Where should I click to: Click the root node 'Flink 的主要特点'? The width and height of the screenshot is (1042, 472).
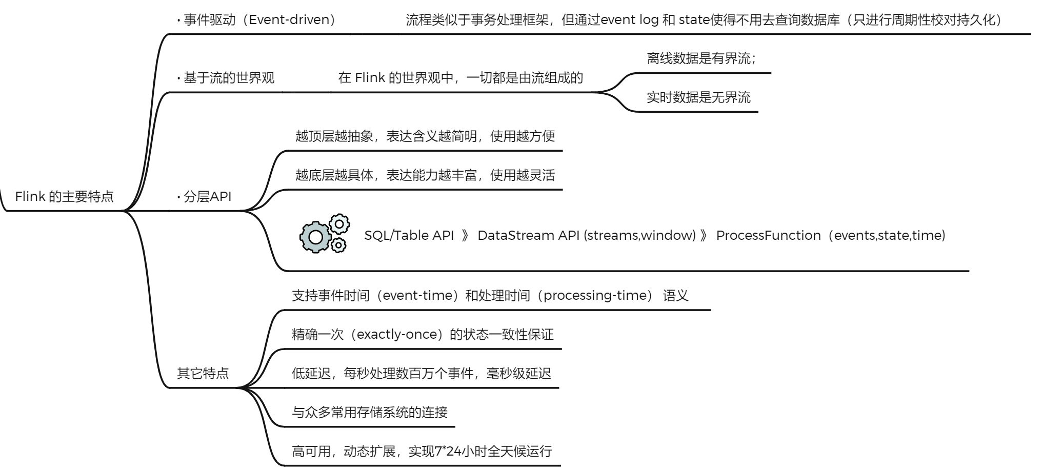(x=64, y=197)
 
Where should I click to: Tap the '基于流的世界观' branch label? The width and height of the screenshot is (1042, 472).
(x=229, y=78)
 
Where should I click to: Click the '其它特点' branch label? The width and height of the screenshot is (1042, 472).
(x=203, y=374)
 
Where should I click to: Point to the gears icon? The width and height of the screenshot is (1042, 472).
(x=325, y=234)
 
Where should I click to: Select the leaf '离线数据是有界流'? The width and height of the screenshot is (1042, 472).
(x=700, y=58)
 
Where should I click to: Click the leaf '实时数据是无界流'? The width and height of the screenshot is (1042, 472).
(x=698, y=97)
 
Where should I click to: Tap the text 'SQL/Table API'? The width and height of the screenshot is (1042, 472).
(x=409, y=236)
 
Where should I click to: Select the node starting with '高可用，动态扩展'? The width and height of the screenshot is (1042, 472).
(x=422, y=452)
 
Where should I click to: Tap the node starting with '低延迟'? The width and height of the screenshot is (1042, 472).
(x=421, y=374)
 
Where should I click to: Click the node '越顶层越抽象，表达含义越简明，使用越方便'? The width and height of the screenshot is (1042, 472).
(x=425, y=136)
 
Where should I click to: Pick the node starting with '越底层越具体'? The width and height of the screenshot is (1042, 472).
(x=425, y=175)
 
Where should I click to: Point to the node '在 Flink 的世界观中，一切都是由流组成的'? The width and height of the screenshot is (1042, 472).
(x=460, y=78)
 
